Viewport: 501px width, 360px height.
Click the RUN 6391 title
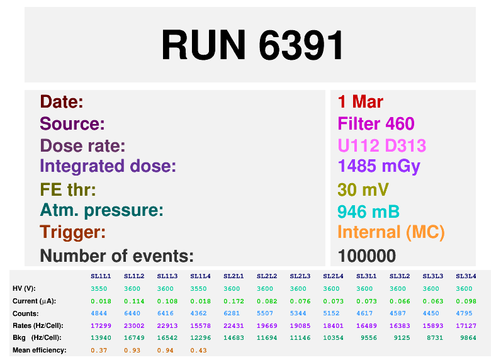pos(252,45)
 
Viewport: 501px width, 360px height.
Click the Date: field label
pos(62,102)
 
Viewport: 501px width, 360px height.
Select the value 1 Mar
pos(360,102)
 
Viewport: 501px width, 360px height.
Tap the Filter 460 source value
pos(376,124)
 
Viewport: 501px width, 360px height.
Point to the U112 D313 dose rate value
pos(381,146)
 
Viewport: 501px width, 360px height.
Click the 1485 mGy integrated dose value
pos(378,167)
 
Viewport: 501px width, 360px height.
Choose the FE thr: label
pos(67,189)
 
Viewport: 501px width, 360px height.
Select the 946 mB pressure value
pos(368,211)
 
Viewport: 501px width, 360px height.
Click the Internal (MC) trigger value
pos(391,233)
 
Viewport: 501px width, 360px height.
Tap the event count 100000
pos(366,256)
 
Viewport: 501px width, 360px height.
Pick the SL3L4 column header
pos(466,276)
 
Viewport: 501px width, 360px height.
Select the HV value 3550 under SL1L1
pos(100,288)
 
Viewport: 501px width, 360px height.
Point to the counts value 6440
pos(133,313)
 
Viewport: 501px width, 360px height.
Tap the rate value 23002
pos(133,325)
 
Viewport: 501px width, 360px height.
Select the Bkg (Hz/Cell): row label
pos(37,338)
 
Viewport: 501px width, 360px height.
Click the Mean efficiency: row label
pos(39,350)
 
